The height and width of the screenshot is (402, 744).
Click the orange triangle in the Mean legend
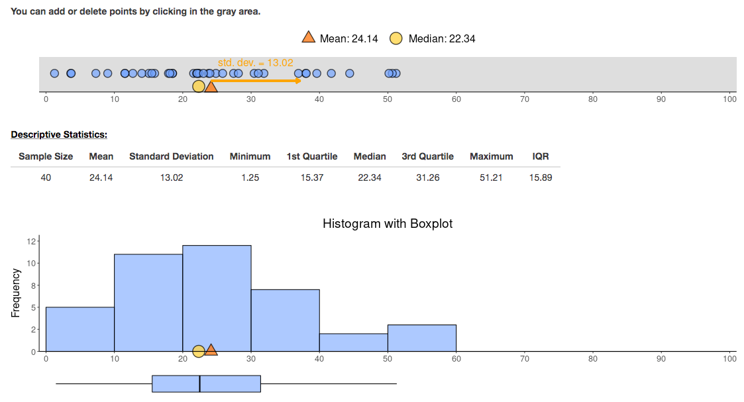[x=309, y=38]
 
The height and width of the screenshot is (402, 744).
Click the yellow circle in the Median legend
[x=396, y=38]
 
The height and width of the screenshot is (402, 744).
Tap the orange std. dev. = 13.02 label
[x=255, y=63]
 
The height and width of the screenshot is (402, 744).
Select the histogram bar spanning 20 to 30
[x=217, y=298]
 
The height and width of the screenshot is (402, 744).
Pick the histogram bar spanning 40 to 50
[x=353, y=342]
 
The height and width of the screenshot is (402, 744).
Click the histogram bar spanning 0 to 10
[x=80, y=328]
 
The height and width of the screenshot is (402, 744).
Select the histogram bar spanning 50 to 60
[x=421, y=338]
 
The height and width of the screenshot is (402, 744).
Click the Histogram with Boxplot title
[x=388, y=224]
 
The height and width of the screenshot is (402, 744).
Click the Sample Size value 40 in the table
[x=45, y=177]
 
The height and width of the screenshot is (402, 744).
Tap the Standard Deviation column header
[x=171, y=156]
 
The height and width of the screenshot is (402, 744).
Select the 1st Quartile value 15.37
[x=311, y=177]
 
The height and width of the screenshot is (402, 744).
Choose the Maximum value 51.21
[x=491, y=177]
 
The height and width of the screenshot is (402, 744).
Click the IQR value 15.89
[x=540, y=177]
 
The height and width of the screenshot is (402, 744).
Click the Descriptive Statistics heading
[x=58, y=134]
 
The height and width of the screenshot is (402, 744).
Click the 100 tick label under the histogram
[x=729, y=359]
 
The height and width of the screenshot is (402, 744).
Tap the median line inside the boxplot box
[x=200, y=383]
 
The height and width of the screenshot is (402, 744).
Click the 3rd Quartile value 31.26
[x=427, y=177]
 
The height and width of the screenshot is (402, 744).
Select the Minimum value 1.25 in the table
[x=250, y=177]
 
